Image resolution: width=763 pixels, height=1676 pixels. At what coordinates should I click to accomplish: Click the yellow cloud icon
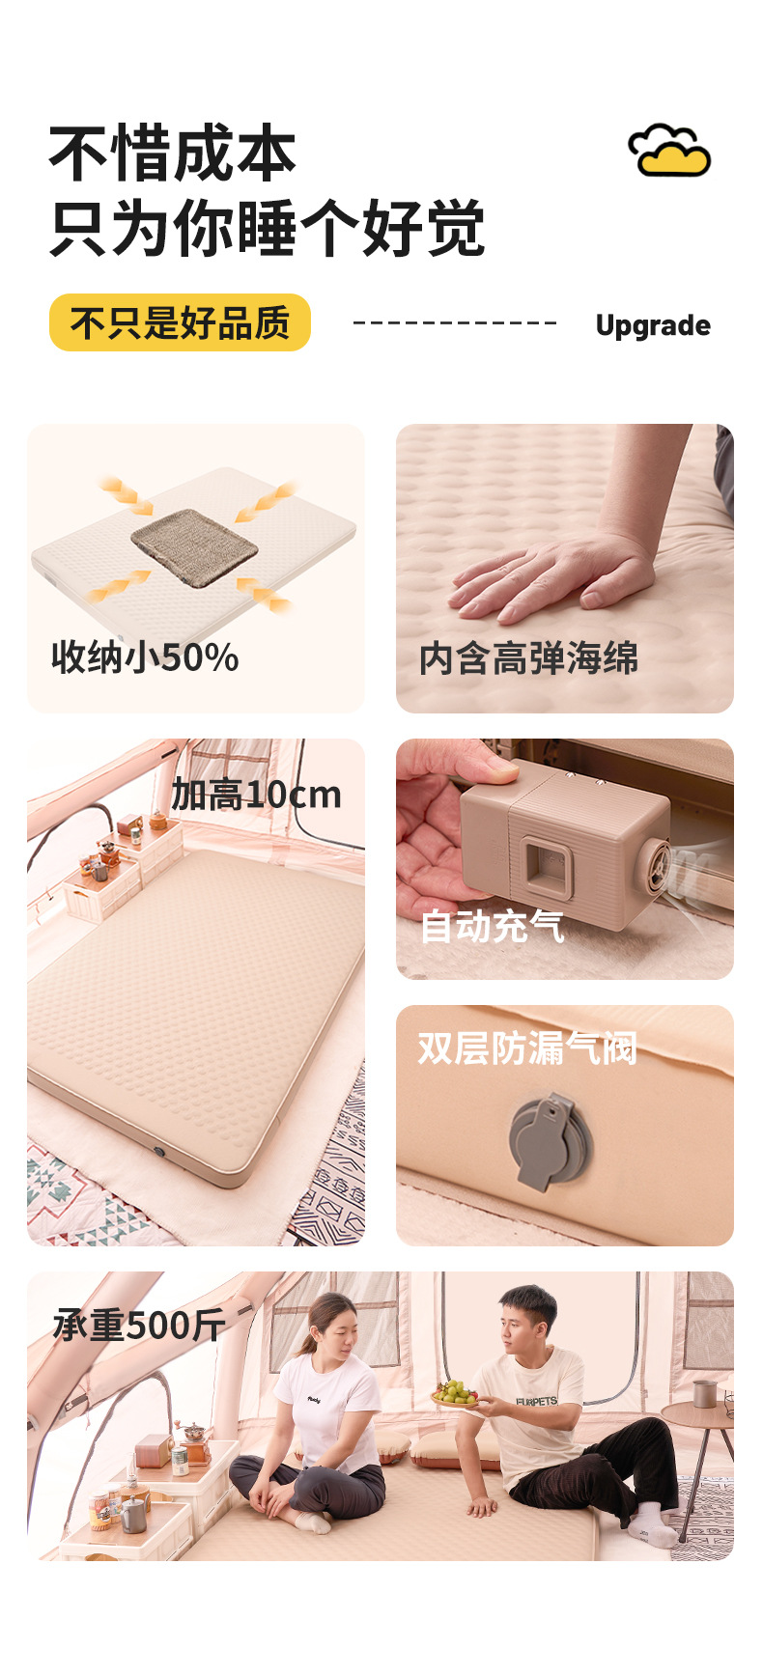point(669,152)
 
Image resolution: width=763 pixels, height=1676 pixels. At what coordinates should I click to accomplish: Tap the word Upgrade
point(653,325)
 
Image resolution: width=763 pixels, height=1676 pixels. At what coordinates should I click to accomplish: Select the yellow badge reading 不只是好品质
point(180,322)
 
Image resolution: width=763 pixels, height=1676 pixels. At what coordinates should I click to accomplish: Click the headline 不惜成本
point(173,154)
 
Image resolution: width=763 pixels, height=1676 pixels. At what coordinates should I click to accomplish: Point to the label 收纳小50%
point(145,657)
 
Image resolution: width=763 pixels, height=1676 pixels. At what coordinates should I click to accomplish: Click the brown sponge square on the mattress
point(194,546)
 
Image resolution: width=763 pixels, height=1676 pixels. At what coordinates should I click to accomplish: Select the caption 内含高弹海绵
point(528,658)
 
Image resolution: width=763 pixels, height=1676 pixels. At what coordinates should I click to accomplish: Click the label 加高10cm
point(257,795)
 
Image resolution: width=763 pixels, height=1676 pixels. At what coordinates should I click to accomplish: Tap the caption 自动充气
point(492,926)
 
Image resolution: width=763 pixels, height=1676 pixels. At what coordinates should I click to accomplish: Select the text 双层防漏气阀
point(527,1047)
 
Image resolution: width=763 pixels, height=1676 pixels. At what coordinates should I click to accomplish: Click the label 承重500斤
point(139,1326)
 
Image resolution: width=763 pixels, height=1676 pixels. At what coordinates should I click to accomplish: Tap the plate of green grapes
point(456,1394)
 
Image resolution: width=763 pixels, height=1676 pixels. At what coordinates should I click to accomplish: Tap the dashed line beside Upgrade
point(455,322)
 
